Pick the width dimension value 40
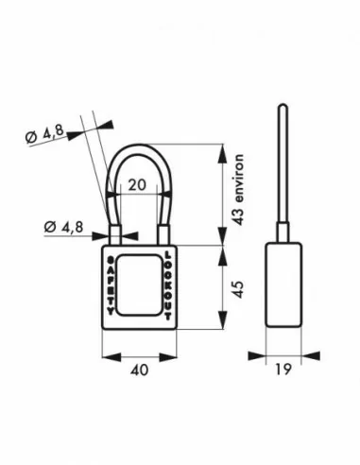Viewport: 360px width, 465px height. (139, 371)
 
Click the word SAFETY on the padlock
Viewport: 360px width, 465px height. (111, 284)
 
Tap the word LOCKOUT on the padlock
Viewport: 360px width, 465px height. (169, 284)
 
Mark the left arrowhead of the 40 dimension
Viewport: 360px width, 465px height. (105, 357)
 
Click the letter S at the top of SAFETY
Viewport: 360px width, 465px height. (111, 257)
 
